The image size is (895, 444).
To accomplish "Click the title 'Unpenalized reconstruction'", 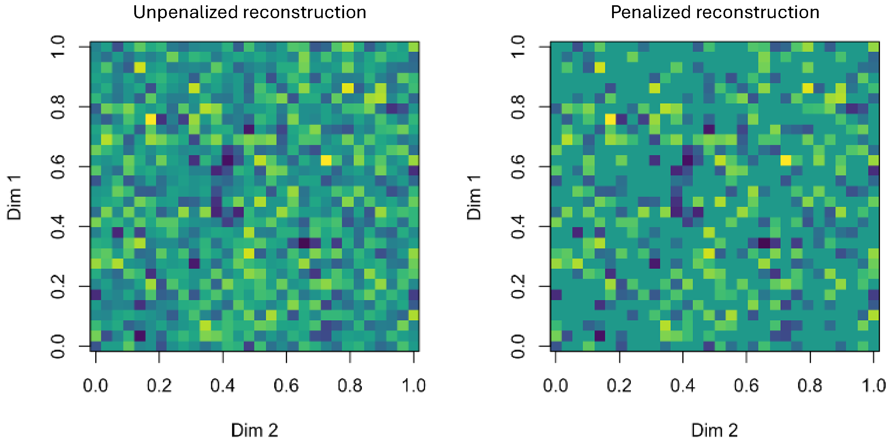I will [250, 13].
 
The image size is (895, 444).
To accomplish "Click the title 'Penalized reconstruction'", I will [715, 13].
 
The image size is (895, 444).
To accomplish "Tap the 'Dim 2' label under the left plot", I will [254, 431].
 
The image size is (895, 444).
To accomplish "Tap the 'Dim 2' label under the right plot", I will [714, 431].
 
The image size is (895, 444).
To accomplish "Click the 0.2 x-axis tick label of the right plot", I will [619, 386].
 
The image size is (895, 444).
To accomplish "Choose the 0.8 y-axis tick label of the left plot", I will [58, 107].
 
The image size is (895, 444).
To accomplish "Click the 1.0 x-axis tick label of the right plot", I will [873, 386].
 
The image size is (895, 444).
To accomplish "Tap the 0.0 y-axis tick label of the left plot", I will [58, 346].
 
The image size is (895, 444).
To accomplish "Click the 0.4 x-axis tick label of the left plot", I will [222, 386].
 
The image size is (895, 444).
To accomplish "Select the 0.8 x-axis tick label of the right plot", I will [810, 386].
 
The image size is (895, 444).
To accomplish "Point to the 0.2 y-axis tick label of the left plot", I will [58, 286].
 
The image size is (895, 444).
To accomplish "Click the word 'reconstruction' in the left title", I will [304, 13].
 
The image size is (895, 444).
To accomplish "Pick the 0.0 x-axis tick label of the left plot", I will [96, 386].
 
